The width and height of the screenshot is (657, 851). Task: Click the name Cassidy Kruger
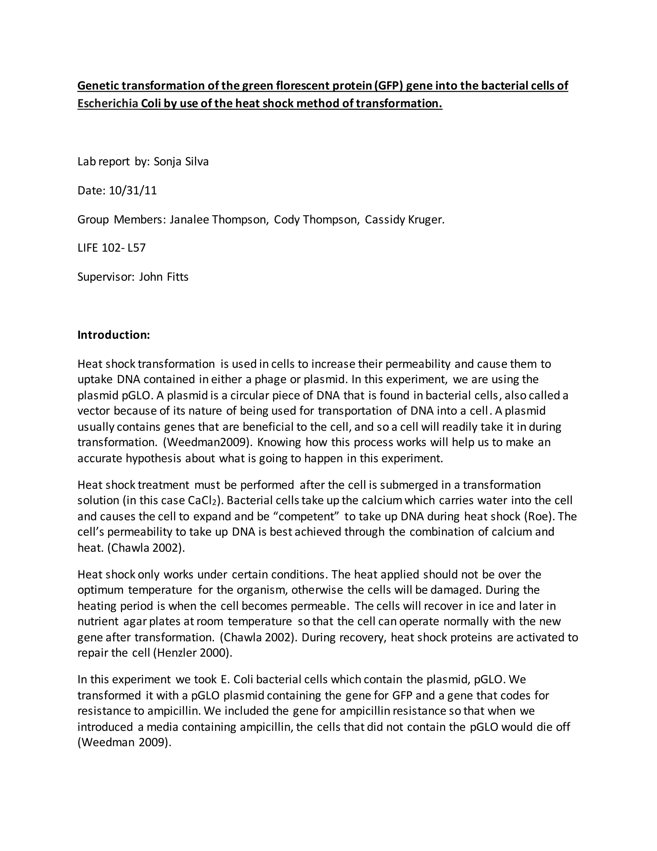(x=405, y=220)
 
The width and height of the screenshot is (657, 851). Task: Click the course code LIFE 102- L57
(x=111, y=248)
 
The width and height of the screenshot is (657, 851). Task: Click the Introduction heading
(x=114, y=335)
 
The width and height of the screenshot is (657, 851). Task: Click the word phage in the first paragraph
(x=270, y=380)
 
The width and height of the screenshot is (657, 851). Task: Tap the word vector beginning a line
(x=94, y=411)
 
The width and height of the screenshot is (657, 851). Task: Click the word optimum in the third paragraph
(x=100, y=590)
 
